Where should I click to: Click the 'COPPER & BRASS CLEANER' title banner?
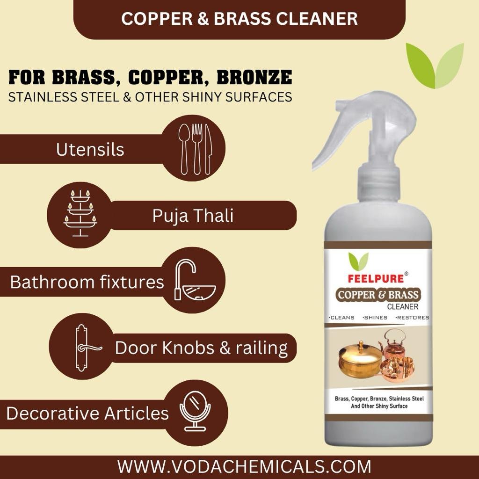coord(239,19)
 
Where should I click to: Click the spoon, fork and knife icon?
coord(196,148)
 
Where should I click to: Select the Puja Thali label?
coord(193,216)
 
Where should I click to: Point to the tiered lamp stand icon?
coord(80,215)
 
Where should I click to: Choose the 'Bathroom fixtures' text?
coord(87,282)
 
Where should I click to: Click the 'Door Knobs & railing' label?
coord(201,348)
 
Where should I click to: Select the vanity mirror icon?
coord(195,412)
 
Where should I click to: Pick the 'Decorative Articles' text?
coord(87,414)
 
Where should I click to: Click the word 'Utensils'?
coord(90,150)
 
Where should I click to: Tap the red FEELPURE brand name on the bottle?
coord(376,278)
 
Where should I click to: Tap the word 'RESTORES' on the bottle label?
coord(412,318)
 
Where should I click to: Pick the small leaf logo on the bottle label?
coord(358,261)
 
